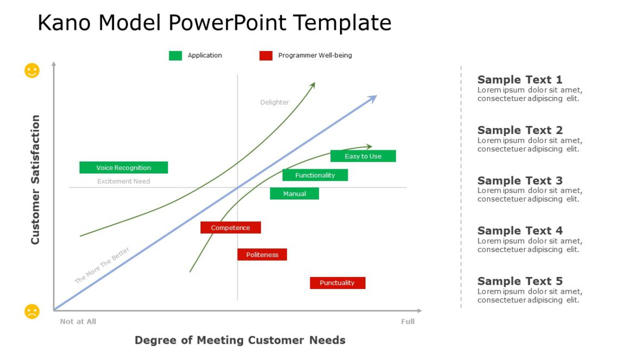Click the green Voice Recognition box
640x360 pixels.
point(124,168)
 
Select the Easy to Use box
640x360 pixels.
point(363,156)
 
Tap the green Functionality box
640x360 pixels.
point(315,175)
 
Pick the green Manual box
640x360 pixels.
point(295,194)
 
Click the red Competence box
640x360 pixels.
point(231,228)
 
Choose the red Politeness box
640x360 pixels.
point(262,254)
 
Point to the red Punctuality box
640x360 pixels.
point(337,283)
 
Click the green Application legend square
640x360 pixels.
point(176,55)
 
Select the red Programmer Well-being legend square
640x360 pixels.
point(266,55)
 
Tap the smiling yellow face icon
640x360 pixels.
point(32,70)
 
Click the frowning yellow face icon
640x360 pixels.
point(32,311)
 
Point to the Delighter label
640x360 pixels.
point(274,102)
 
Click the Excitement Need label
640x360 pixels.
point(124,181)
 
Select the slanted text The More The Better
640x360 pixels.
point(102,265)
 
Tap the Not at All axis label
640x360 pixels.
point(78,322)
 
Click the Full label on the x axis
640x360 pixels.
point(408,322)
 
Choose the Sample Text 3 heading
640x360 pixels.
point(520,181)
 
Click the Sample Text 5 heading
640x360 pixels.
point(520,281)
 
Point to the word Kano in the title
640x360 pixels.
point(64,22)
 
